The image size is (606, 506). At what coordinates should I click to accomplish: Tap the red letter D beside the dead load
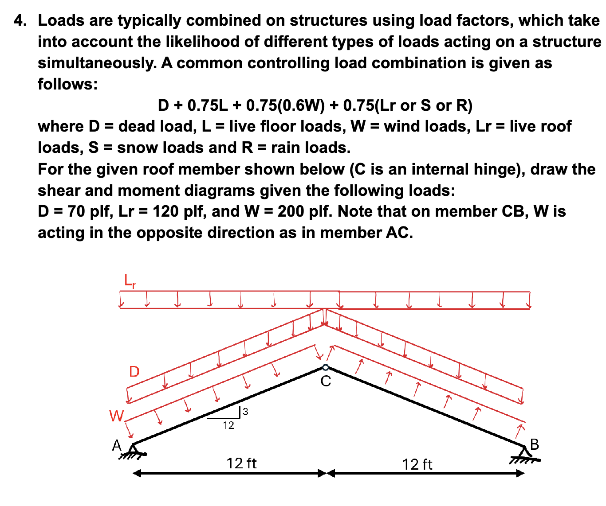(134, 371)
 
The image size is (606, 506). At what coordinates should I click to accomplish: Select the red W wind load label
(116, 416)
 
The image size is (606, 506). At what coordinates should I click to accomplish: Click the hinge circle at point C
(326, 367)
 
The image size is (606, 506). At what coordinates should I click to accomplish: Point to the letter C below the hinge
(326, 381)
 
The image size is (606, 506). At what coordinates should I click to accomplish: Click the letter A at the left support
(117, 445)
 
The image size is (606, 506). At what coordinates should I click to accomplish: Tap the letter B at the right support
(535, 444)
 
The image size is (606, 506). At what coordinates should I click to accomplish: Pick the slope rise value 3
(246, 412)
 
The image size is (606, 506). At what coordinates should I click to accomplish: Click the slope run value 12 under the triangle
(228, 426)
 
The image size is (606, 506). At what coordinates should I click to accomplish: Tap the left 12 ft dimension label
(241, 463)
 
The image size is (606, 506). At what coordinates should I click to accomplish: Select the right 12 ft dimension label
(417, 464)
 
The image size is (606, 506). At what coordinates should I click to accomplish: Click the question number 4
(19, 20)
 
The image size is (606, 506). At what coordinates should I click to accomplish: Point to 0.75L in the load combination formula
(208, 105)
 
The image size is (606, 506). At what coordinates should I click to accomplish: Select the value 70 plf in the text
(91, 211)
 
